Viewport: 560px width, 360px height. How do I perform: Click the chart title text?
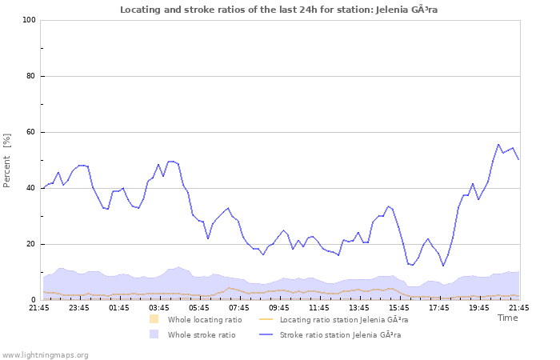point(279,10)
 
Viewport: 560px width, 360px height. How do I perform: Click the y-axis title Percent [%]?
point(7,161)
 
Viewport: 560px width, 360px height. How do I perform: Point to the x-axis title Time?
point(508,318)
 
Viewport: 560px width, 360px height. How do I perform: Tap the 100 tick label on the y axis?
point(29,20)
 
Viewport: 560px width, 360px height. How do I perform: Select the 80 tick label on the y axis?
point(31,76)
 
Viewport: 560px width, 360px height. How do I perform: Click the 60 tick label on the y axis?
point(31,132)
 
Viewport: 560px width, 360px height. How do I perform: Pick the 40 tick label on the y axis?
point(31,188)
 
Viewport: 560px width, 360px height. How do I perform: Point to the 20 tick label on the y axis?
point(31,244)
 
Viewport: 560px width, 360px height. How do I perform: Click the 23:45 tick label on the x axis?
point(79,307)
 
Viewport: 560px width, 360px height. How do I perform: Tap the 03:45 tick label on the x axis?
point(159,307)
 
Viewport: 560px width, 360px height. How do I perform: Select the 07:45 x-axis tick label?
point(239,307)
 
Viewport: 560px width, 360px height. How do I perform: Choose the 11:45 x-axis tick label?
point(319,307)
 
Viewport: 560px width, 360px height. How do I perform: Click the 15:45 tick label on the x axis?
point(399,307)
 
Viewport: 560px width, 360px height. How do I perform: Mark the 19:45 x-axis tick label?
point(479,307)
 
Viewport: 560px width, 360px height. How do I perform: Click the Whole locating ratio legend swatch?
point(154,319)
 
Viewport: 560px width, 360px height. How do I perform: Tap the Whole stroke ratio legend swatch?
point(154,334)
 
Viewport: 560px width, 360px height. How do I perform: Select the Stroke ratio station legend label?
point(340,334)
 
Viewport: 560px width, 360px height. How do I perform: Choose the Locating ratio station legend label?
point(344,319)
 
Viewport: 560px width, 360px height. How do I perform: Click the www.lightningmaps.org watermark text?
point(45,354)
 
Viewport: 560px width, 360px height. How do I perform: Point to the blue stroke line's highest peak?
point(498,145)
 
